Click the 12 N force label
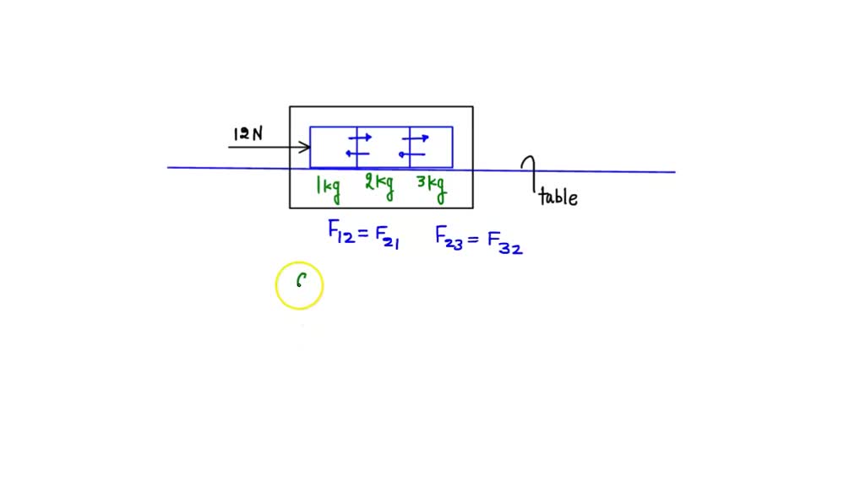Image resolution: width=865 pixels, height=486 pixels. [248, 134]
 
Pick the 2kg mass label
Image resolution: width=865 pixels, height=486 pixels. [379, 186]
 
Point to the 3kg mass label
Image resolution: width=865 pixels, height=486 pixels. [431, 188]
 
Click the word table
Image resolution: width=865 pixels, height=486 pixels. [558, 198]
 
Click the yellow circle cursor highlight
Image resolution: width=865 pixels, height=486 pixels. [300, 285]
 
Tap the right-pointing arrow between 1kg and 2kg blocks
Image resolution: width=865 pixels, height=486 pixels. [361, 138]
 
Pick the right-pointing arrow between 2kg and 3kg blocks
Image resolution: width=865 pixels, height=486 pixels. [416, 138]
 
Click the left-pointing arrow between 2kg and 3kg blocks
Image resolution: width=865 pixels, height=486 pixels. [411, 154]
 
